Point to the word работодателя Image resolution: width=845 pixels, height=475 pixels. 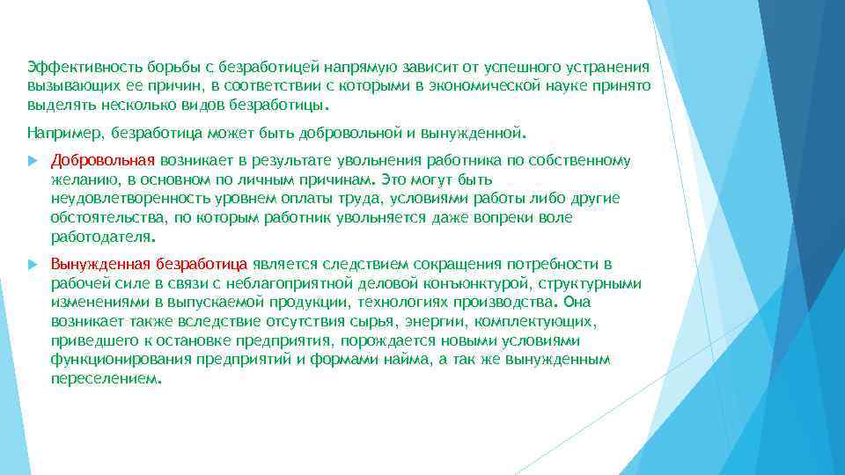coord(99,237)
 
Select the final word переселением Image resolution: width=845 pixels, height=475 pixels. coord(105,378)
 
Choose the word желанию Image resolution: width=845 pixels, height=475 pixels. coord(81,179)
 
